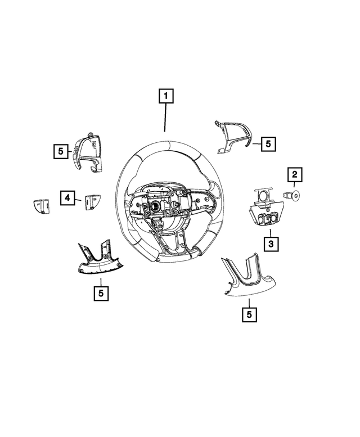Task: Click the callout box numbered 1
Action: pyautogui.click(x=165, y=96)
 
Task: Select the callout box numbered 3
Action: pyautogui.click(x=271, y=244)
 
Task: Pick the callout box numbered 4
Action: pyautogui.click(x=67, y=197)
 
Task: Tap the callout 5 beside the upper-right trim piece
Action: pyautogui.click(x=268, y=144)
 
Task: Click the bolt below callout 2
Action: pyautogui.click(x=292, y=195)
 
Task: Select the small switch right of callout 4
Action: pyautogui.click(x=92, y=201)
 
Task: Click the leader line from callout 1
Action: pyautogui.click(x=165, y=118)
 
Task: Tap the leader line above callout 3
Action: pyautogui.click(x=271, y=233)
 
